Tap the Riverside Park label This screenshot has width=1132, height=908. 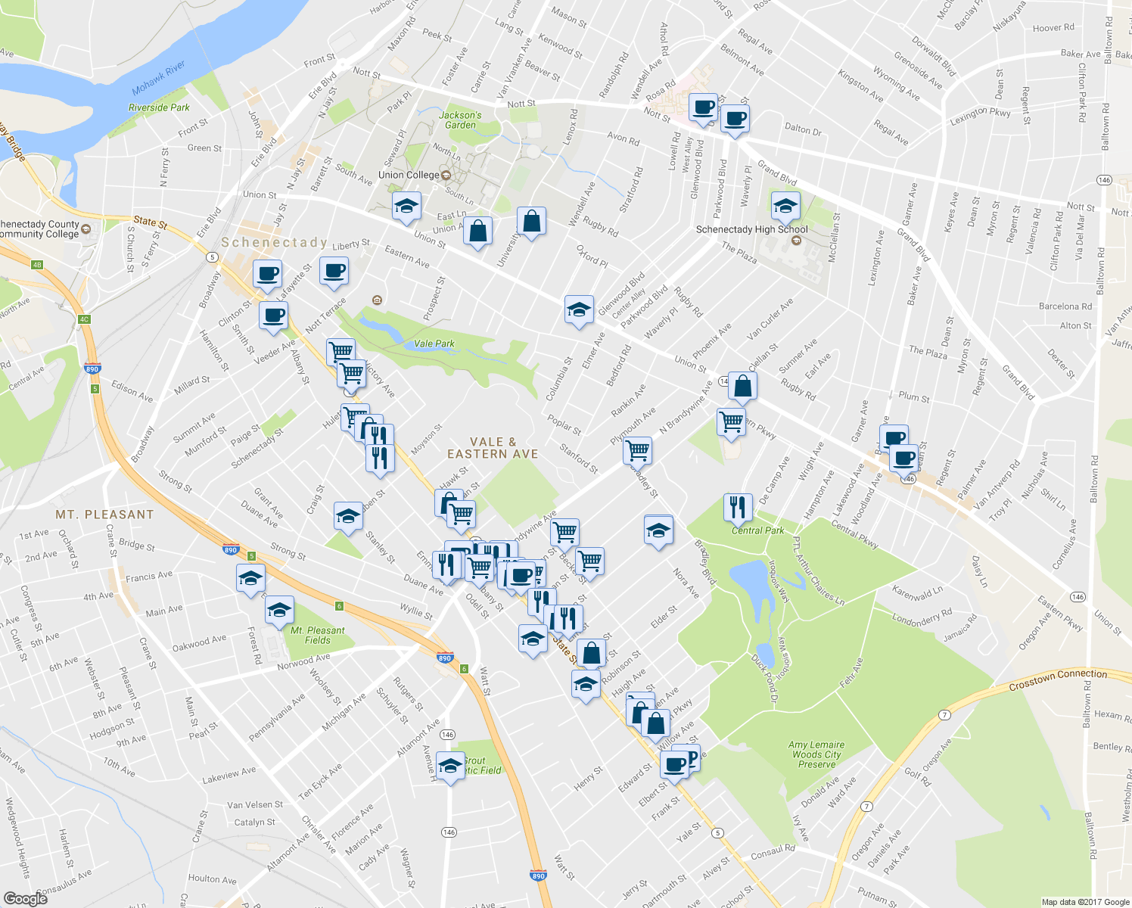pos(159,107)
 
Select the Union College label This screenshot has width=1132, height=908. pos(409,175)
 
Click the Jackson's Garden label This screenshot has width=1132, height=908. pos(460,120)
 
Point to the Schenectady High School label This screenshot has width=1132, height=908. pos(751,229)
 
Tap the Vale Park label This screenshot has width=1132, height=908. pos(434,344)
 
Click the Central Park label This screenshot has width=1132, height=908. pos(757,530)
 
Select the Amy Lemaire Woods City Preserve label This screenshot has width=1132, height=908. pos(816,754)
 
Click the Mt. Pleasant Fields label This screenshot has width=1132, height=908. pos(318,635)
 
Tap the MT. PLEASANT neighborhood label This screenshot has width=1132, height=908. pos(104,515)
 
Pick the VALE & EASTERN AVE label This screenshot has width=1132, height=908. pos(493,448)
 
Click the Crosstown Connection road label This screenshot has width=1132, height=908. pos(1058,679)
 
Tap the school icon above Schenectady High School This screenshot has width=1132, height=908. pos(785,205)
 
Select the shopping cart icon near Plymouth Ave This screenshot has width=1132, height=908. pos(638,450)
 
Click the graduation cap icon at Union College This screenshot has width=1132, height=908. pos(406,206)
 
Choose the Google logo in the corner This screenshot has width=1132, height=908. pos(25,898)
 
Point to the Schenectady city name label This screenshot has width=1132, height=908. pos(274,242)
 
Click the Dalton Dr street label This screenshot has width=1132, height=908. pos(803,129)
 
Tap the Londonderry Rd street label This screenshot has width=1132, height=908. pos(922,617)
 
